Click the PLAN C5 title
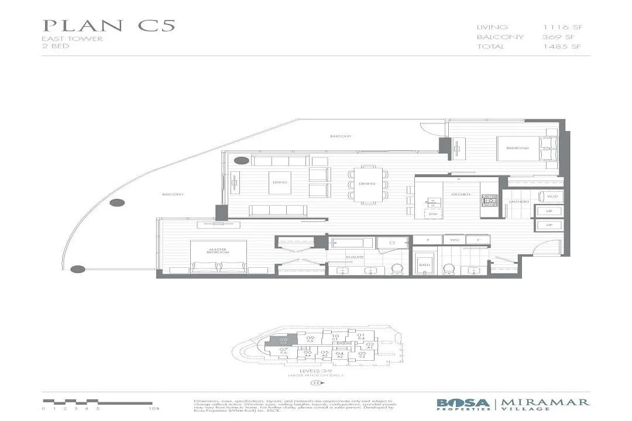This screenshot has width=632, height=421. pyautogui.click(x=109, y=26)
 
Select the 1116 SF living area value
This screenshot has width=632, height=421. pyautogui.click(x=562, y=27)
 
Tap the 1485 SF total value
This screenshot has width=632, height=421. pyautogui.click(x=562, y=47)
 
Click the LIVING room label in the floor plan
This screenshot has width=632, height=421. pyautogui.click(x=279, y=182)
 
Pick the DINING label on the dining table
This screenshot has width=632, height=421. pyautogui.click(x=367, y=184)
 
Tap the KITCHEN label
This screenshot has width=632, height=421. pyautogui.click(x=457, y=194)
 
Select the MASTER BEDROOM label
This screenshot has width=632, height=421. pyautogui.click(x=218, y=251)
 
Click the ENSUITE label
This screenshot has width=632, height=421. pyautogui.click(x=339, y=257)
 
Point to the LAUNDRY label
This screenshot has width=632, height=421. pyautogui.click(x=519, y=202)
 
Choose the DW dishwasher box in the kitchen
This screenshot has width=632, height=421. pyautogui.click(x=433, y=214)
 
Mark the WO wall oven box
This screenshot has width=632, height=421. pyautogui.click(x=453, y=240)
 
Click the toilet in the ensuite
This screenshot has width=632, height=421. pyautogui.click(x=396, y=269)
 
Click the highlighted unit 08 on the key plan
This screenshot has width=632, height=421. pyautogui.click(x=284, y=341)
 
